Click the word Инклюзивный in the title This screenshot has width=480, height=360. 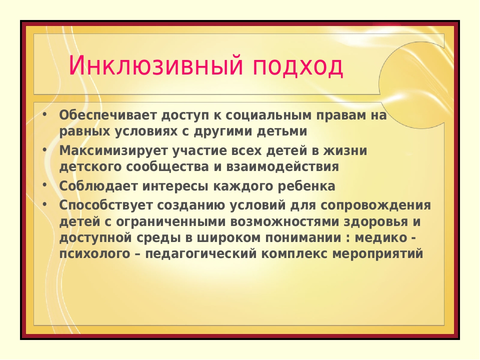tap(156, 65)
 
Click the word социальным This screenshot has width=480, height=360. tap(268, 115)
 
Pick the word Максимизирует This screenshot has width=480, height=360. tap(113, 151)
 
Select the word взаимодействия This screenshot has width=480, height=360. tap(282, 167)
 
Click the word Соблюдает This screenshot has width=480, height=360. tap(98, 186)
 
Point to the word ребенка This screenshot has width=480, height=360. tap(306, 186)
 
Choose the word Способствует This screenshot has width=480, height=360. tap(105, 205)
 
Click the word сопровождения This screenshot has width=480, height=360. tap(376, 205)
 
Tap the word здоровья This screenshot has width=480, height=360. tap(376, 222)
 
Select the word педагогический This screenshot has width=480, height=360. tap(201, 254)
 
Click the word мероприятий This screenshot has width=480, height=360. tap(378, 254)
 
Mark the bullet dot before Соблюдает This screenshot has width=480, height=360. tap(44, 185)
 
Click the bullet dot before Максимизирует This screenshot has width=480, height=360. tap(44, 149)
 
